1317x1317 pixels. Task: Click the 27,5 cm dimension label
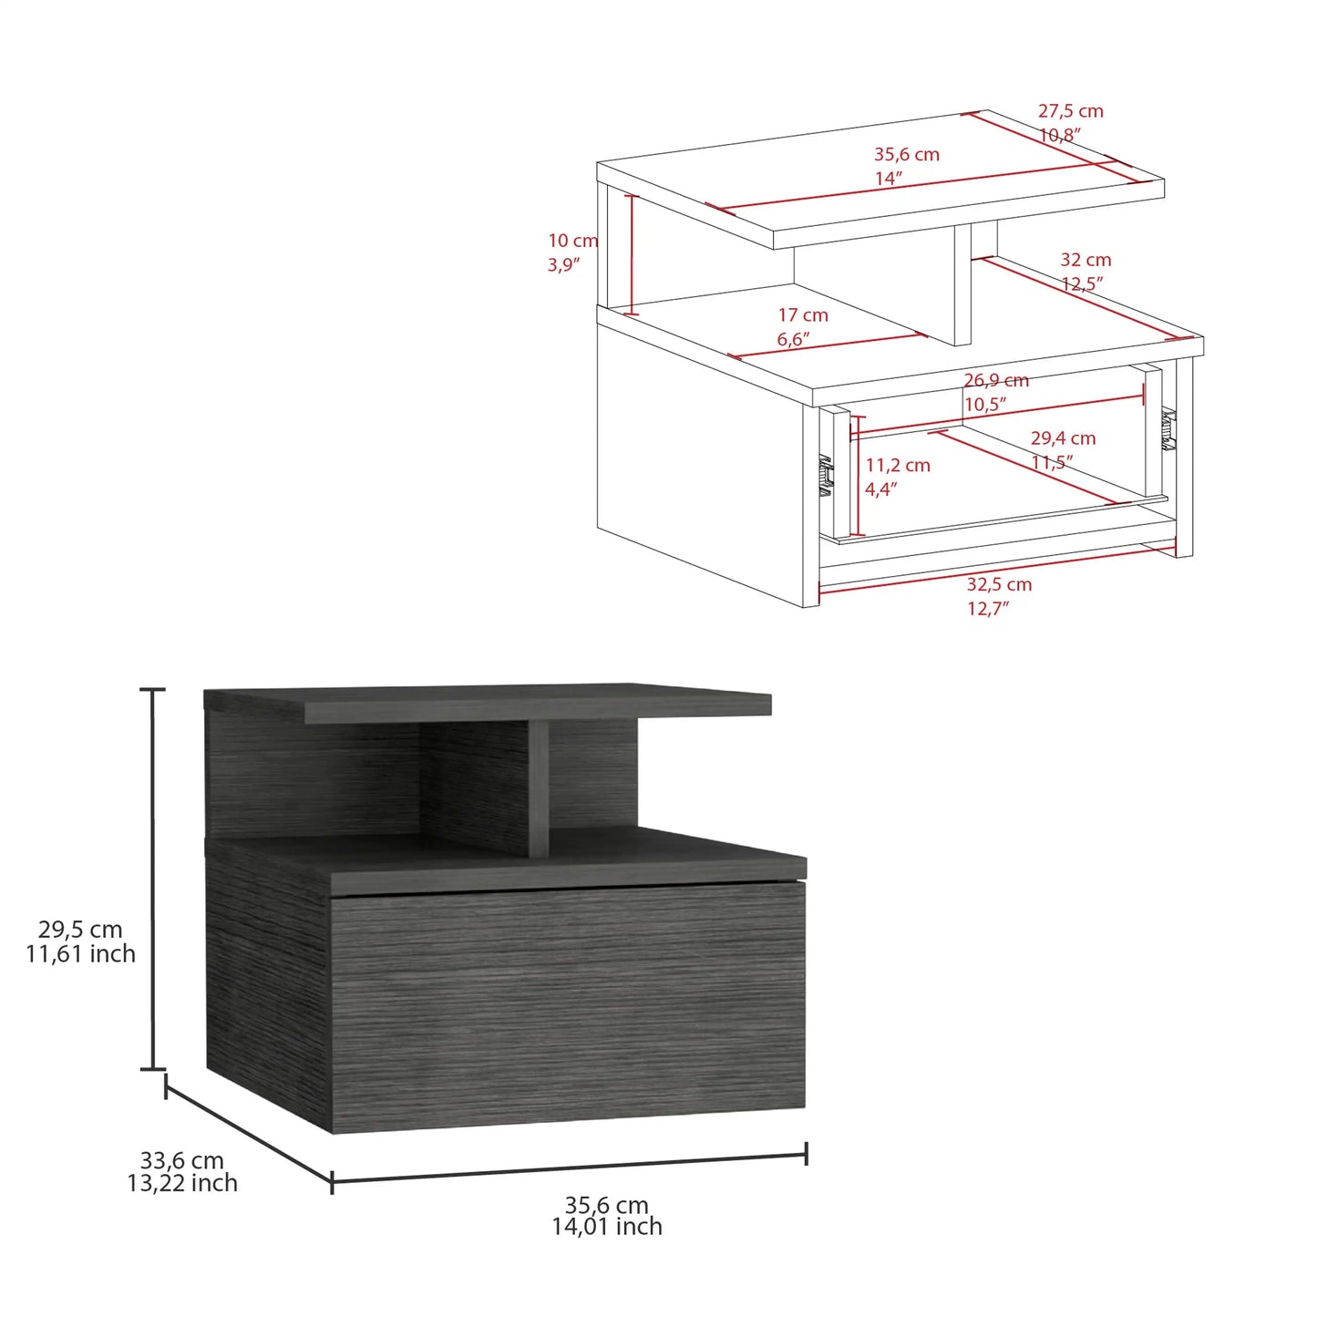click(x=1070, y=111)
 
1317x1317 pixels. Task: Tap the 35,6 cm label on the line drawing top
click(x=906, y=155)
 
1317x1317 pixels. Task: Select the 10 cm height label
click(x=572, y=241)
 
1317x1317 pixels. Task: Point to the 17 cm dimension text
click(x=803, y=315)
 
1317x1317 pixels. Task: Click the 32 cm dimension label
click(x=1085, y=261)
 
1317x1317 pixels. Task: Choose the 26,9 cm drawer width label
click(x=996, y=381)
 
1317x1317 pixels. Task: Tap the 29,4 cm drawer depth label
click(x=1063, y=438)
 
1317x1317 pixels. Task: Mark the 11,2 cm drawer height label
click(x=898, y=466)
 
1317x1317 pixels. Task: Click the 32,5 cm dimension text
click(x=999, y=584)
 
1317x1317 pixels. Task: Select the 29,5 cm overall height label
click(x=80, y=930)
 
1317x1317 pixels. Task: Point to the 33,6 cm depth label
click(x=181, y=1160)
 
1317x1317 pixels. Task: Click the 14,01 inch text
click(x=607, y=1228)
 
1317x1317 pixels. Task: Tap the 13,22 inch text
click(x=182, y=1183)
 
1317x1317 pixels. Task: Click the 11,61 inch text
click(x=80, y=954)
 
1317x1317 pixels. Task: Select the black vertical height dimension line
click(x=152, y=879)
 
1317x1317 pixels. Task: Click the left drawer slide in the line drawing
click(x=826, y=475)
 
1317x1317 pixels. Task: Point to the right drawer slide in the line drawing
click(x=1168, y=429)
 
